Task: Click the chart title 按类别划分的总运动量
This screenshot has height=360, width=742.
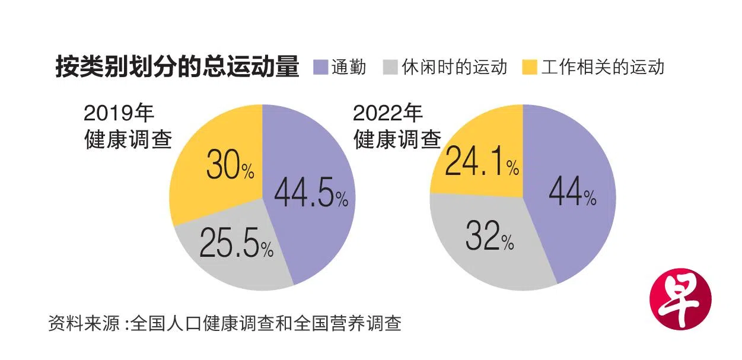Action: click(177, 67)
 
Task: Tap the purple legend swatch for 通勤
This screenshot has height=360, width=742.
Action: click(320, 67)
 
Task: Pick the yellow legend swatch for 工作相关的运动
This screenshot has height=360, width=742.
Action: click(530, 67)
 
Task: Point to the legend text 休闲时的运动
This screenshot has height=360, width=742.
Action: click(454, 67)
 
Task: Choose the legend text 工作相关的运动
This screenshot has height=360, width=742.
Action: click(602, 67)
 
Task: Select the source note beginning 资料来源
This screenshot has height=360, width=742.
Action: click(225, 324)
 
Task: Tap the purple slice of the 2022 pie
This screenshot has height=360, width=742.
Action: click(569, 237)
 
